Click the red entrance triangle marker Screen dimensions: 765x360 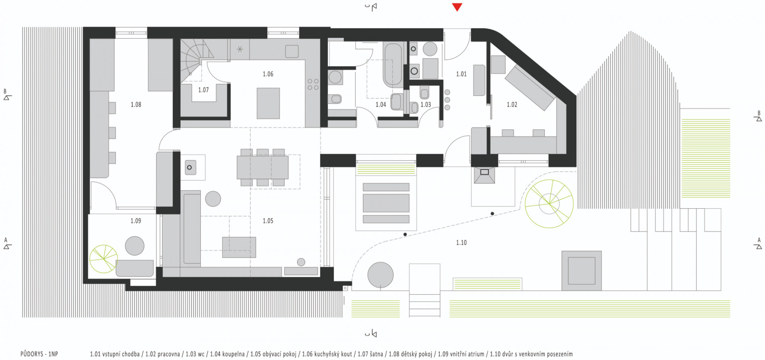[x=457, y=7]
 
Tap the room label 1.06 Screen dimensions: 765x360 [x=268, y=74]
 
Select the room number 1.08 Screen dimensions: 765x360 [x=136, y=105]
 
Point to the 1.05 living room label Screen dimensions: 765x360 [x=268, y=221]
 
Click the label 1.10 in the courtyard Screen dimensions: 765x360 [x=461, y=243]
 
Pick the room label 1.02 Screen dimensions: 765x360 [x=512, y=105]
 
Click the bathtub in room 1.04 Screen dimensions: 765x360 [x=393, y=65]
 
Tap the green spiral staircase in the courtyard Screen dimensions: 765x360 [x=549, y=203]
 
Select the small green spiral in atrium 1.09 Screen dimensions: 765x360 [x=104, y=259]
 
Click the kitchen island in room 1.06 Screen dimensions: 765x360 [x=268, y=104]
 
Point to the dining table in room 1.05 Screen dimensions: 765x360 [x=263, y=167]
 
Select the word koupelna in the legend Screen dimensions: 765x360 [x=233, y=354]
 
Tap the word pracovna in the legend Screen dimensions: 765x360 [x=169, y=354]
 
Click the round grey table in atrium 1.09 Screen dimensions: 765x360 [x=135, y=246]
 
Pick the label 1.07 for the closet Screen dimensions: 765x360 [x=203, y=90]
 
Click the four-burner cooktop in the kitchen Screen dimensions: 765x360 [x=313, y=84]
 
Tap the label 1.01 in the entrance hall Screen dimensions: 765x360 [x=461, y=74]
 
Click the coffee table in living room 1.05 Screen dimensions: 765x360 [x=239, y=247]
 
